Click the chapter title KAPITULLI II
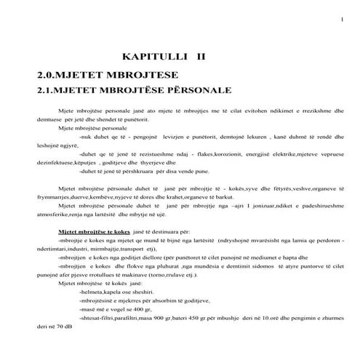coord(165,55)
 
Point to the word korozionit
coord(213,153)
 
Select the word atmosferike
coord(57,215)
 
